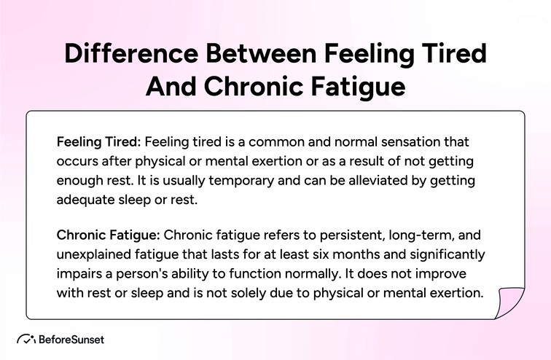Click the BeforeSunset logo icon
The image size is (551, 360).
click(26, 339)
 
